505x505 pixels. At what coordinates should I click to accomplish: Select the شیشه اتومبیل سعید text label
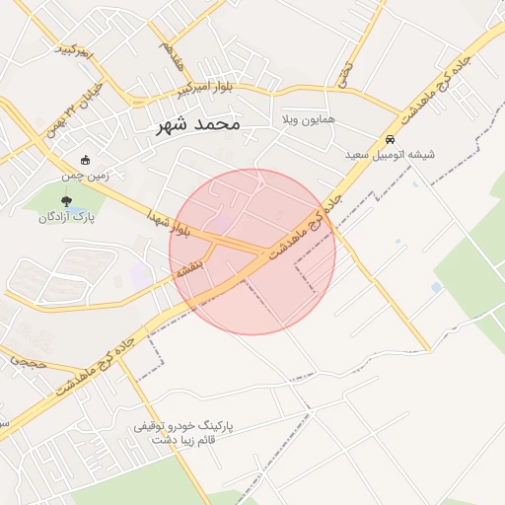391,156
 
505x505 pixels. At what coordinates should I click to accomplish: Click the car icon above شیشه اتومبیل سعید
391,140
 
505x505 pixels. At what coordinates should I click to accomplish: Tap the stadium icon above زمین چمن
86,160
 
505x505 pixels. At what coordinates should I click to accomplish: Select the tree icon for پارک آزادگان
66,202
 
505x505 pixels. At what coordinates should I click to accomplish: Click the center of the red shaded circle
252,252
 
